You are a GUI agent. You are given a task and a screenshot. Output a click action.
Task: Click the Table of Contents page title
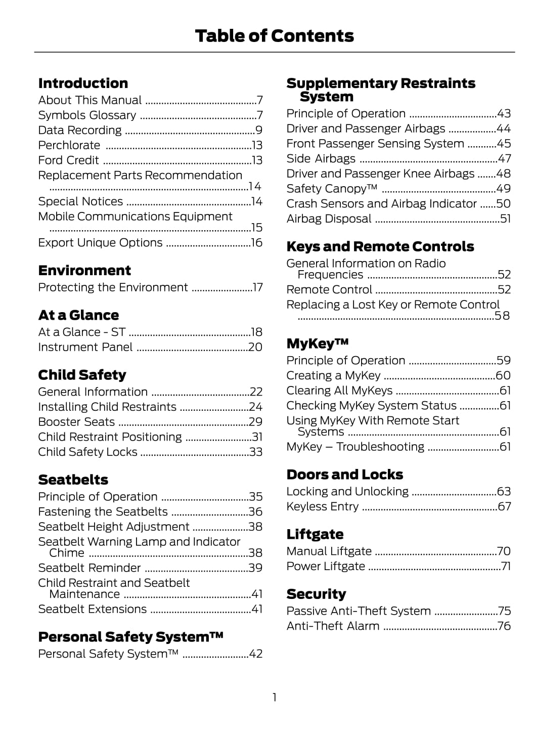(274, 36)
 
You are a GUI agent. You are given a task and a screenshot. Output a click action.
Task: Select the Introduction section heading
(83, 83)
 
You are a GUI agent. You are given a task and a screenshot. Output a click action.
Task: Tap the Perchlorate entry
(69, 145)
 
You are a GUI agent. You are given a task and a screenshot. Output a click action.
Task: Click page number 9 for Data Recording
(259, 131)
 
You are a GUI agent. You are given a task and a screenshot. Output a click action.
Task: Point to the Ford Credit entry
(69, 160)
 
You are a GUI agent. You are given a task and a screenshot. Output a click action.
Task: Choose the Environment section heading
(84, 271)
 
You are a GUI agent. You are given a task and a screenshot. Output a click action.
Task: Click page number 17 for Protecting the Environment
(257, 288)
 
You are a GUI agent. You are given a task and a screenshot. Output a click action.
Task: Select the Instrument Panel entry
(85, 348)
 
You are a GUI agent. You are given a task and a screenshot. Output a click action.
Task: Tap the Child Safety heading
(82, 375)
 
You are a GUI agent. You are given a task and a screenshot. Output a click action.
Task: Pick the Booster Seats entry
(76, 422)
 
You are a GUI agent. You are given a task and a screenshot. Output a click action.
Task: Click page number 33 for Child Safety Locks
(256, 452)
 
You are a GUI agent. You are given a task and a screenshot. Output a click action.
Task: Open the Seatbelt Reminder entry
(90, 568)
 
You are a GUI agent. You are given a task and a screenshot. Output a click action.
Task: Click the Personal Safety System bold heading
(130, 637)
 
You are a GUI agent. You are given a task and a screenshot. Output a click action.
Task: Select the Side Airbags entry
(321, 159)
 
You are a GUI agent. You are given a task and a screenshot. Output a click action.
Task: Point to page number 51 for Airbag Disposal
(505, 219)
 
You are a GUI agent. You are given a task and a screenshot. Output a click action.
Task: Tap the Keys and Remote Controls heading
(380, 247)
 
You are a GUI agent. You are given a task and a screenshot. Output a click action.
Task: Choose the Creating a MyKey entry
(333, 376)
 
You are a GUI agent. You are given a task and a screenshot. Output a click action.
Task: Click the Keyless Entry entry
(323, 507)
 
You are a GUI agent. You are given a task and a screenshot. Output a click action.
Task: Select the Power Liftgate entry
(326, 567)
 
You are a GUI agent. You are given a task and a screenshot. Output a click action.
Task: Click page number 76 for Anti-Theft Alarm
(504, 626)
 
